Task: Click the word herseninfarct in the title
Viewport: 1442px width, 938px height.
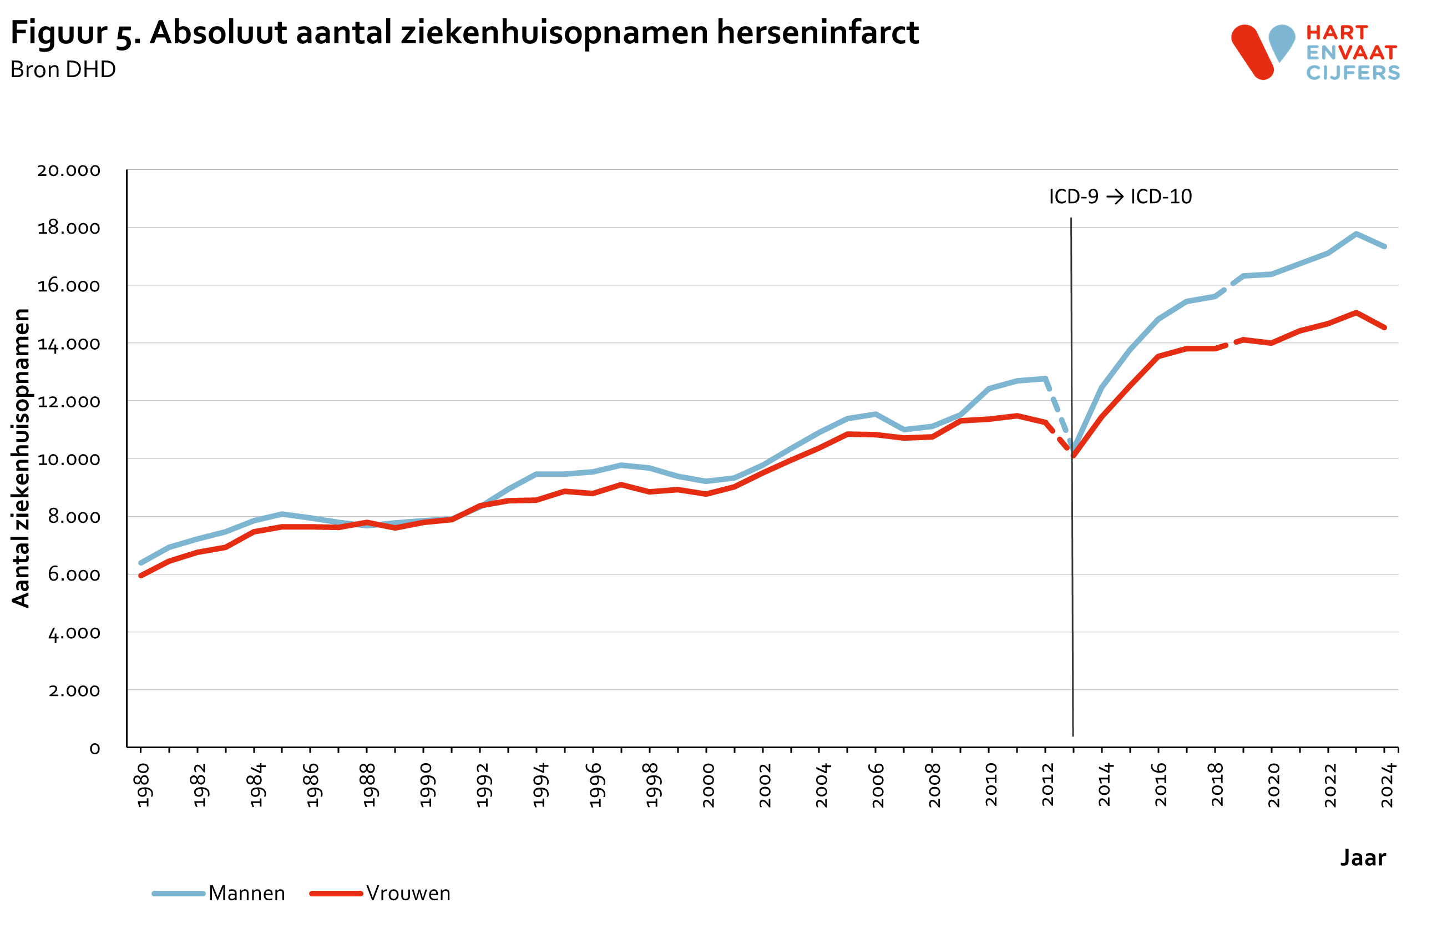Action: point(817,33)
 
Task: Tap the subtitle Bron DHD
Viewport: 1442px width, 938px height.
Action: point(63,70)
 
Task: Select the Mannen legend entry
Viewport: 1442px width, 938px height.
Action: point(246,893)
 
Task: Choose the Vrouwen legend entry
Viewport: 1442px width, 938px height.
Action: point(408,893)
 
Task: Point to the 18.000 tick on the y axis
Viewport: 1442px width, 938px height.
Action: point(68,229)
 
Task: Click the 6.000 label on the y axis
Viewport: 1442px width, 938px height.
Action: point(74,575)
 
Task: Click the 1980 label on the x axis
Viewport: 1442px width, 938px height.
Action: point(143,785)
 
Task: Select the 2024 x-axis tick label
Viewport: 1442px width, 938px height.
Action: point(1387,785)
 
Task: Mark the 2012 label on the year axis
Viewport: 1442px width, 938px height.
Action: point(1048,785)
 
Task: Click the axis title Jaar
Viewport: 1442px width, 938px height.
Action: point(1363,858)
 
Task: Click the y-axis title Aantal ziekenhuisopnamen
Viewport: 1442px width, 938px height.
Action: point(21,458)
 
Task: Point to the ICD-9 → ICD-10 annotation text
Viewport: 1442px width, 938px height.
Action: point(1120,197)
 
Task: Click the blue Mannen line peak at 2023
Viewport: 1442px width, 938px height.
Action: point(1356,234)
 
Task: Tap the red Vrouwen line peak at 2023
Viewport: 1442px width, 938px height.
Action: point(1356,312)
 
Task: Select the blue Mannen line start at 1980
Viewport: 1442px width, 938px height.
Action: point(141,563)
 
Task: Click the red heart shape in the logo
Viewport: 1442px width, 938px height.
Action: point(1252,52)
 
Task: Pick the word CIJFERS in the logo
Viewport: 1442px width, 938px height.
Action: point(1352,73)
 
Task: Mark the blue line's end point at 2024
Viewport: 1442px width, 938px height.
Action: point(1384,246)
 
